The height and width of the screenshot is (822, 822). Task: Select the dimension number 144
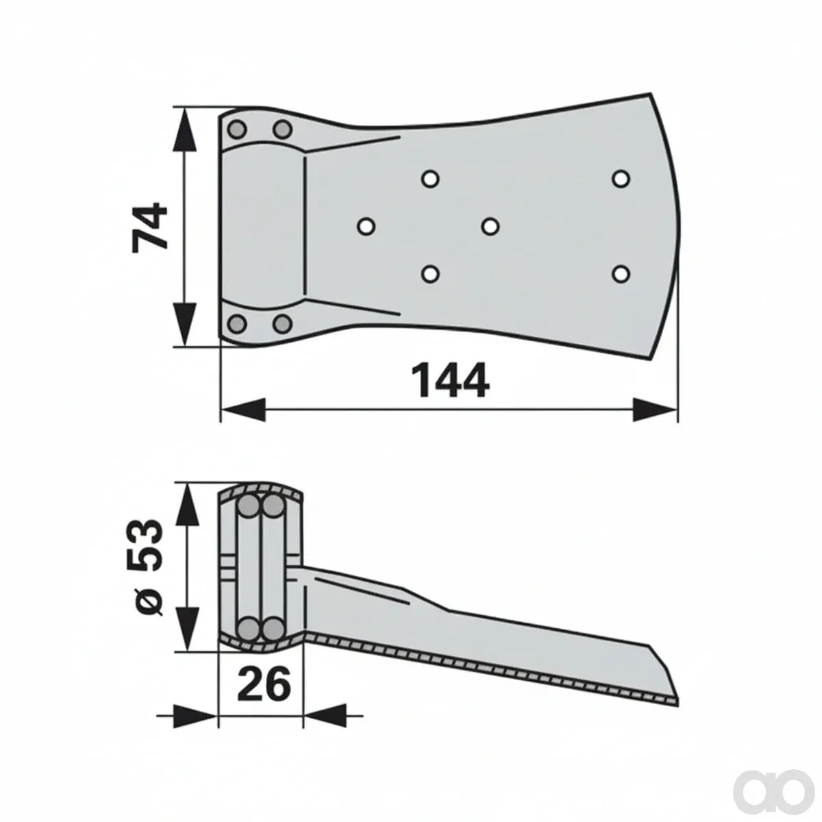pyautogui.click(x=451, y=380)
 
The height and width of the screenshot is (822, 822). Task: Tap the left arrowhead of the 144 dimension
pyautogui.click(x=244, y=410)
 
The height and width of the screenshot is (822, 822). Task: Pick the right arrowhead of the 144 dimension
pyautogui.click(x=655, y=410)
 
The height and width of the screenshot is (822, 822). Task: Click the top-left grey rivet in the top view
pyautogui.click(x=237, y=129)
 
